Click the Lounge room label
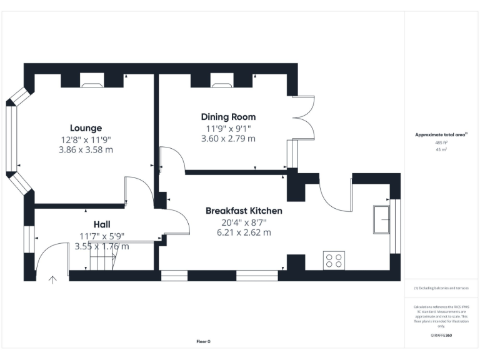click(x=86, y=128)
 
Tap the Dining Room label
click(x=228, y=117)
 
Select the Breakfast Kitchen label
click(x=244, y=211)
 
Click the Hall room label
click(x=102, y=224)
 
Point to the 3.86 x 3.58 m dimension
click(x=86, y=150)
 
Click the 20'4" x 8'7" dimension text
click(x=244, y=222)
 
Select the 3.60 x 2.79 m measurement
click(x=228, y=139)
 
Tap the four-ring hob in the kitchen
click(x=334, y=260)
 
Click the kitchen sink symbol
click(x=381, y=218)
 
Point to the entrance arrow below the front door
click(x=52, y=280)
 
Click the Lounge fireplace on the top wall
click(x=92, y=79)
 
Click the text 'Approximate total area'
click(x=441, y=135)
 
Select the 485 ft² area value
click(x=441, y=142)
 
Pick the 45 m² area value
click(x=441, y=150)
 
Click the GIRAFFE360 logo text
click(x=441, y=336)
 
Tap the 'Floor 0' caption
click(x=203, y=341)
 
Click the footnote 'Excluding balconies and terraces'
click(x=441, y=288)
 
